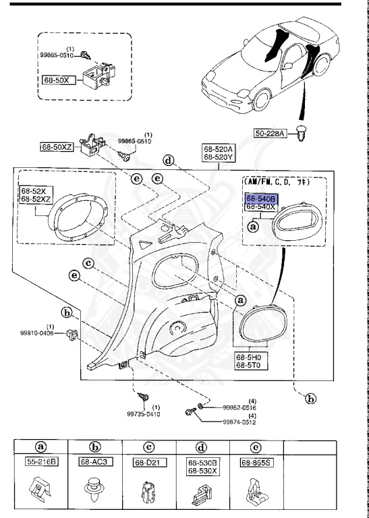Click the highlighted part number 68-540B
click(x=260, y=199)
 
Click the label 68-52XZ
click(x=35, y=200)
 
